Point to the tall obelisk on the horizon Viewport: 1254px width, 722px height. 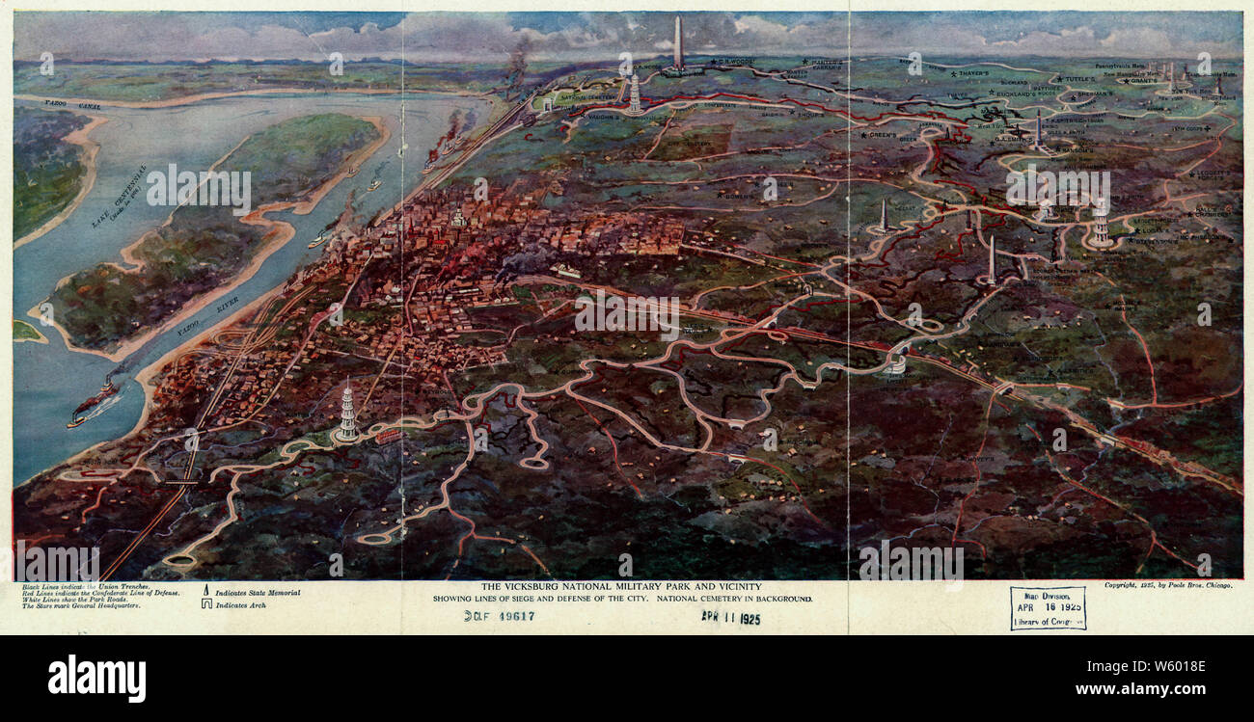(x=678, y=42)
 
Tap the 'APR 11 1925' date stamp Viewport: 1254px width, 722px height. (x=730, y=618)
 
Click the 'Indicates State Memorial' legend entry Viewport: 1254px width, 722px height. (x=257, y=593)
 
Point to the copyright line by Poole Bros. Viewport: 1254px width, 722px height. (x=1167, y=585)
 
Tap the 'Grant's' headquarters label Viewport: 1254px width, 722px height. (x=1138, y=82)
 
